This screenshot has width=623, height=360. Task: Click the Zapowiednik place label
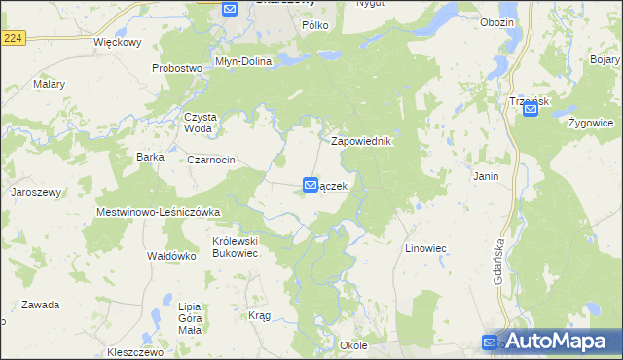361,141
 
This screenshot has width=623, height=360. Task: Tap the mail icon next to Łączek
311,184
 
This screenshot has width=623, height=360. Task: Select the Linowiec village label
425,248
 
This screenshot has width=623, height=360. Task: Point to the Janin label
486,177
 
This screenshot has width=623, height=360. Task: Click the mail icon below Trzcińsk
531,111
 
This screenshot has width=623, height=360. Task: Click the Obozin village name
497,22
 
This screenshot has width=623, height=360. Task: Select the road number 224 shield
13,36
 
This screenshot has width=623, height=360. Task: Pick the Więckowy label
118,44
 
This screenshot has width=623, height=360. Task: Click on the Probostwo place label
176,68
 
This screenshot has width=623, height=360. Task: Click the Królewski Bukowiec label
235,246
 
